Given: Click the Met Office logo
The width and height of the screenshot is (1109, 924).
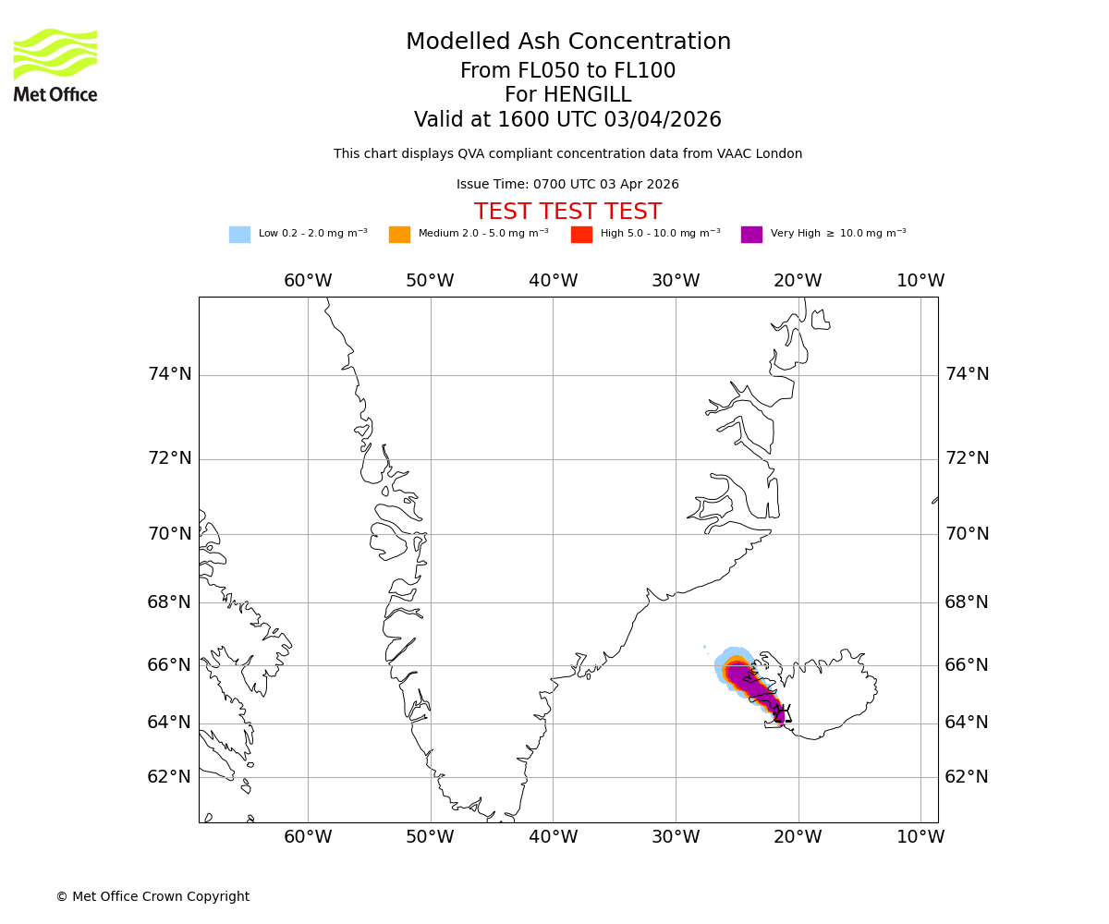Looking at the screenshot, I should [55, 65].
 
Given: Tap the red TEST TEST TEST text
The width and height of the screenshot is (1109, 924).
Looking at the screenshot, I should [567, 212].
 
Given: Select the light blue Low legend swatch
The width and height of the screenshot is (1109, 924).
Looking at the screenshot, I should [239, 235].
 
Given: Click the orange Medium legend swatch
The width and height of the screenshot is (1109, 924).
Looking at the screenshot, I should [399, 235].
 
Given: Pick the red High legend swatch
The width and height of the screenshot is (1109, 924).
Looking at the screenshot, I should [581, 235].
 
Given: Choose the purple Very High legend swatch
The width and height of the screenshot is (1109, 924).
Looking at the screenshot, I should [751, 235].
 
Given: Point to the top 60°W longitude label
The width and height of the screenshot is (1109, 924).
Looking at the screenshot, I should [308, 281].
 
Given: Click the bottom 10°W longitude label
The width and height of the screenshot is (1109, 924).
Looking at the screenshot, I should [920, 837].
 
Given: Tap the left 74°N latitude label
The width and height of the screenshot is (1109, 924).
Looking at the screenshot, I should [170, 374].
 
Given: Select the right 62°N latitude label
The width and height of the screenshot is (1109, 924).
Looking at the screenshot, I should [967, 777].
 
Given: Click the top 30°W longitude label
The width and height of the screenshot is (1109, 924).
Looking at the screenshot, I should [676, 281].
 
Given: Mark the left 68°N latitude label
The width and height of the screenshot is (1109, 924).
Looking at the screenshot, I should [170, 602].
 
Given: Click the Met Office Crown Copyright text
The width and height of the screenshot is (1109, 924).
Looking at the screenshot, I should [152, 896].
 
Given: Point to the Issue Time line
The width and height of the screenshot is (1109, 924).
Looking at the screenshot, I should [567, 185].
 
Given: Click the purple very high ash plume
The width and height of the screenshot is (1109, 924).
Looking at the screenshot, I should [750, 685].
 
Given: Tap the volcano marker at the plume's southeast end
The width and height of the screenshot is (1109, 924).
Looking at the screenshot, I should [783, 713].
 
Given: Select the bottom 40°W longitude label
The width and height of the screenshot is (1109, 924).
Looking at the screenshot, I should [553, 837].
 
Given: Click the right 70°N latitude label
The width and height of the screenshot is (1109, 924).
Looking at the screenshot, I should [967, 534].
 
